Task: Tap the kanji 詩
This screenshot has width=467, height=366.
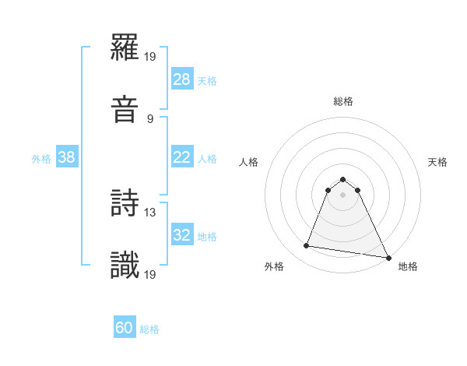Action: point(125,203)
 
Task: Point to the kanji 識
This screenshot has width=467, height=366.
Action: point(125,265)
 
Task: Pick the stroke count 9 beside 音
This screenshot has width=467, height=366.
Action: point(150,118)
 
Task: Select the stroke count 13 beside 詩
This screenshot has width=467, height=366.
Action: point(150,211)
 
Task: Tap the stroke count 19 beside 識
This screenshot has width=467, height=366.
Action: point(150,273)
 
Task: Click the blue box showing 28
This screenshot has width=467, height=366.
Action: point(182,79)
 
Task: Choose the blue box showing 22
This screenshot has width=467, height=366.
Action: point(182,157)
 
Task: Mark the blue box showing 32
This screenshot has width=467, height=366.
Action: point(182,235)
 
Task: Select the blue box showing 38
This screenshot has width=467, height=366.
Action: point(67,157)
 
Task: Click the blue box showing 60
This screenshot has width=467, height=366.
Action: point(125,328)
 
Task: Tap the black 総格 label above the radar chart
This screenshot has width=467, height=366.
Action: point(343,101)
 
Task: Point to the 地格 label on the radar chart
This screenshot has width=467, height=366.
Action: point(408,266)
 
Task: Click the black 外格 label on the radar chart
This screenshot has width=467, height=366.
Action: point(274,266)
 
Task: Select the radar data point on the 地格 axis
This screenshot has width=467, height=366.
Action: point(388,257)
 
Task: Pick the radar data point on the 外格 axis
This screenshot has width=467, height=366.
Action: point(307,246)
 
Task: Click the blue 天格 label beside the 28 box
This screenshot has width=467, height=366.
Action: point(207,80)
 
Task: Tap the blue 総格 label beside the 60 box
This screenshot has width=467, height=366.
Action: point(149,329)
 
